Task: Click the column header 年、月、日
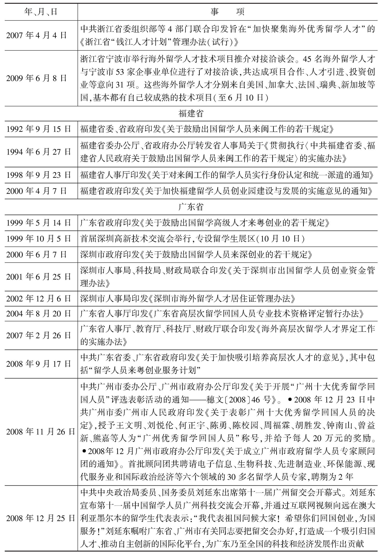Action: pos(41,12)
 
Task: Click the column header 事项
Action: pos(227,12)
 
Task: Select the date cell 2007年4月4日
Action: pos(36,35)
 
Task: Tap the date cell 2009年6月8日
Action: pos(36,78)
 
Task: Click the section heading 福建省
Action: pos(191,113)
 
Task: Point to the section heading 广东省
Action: pos(191,207)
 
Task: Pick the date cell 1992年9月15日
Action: pos(39,129)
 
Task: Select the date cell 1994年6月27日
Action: pos(39,152)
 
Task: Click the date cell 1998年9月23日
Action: pos(39,175)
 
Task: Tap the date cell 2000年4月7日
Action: pos(36,191)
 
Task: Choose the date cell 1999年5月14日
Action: pos(39,223)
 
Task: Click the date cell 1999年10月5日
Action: pos(39,238)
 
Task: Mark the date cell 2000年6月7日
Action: pos(36,255)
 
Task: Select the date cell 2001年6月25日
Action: pos(39,277)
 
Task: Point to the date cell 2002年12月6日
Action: pos(39,299)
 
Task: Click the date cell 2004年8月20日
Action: pos(39,314)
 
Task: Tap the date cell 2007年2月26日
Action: pos(39,335)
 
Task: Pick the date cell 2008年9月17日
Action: pos(39,364)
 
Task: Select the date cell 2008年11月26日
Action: pos(41,432)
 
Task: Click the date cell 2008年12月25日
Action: pos(41,518)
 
